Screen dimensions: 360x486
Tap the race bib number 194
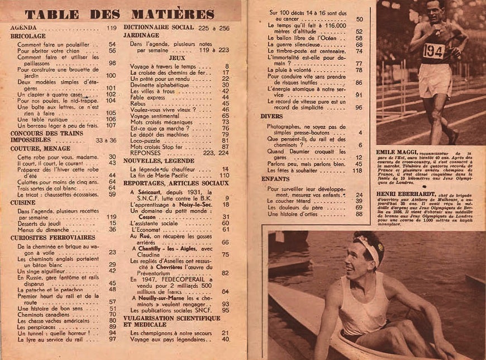point(433,51)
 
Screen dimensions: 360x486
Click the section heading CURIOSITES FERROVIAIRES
point(53,237)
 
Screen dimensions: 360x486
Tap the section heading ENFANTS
point(274,179)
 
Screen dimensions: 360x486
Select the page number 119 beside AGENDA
point(111,27)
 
